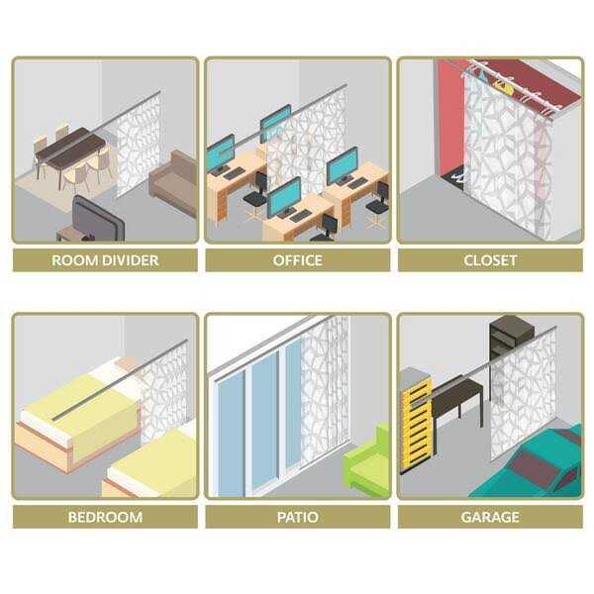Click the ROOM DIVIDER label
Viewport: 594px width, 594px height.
[105, 260]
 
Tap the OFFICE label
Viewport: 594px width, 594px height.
[298, 260]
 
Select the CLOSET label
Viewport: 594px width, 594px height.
[490, 260]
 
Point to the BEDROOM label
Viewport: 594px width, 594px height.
[105, 517]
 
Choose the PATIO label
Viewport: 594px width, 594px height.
[298, 517]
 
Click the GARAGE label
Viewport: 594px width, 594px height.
[490, 517]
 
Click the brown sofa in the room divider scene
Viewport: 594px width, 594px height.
[174, 177]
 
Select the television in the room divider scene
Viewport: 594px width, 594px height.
[93, 219]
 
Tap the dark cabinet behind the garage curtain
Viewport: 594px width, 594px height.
[511, 337]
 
